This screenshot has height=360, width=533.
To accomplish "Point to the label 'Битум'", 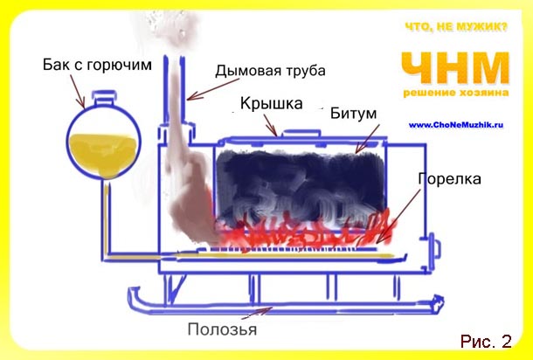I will tap(354, 114).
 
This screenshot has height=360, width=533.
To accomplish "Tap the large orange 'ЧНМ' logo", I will tap(455, 67).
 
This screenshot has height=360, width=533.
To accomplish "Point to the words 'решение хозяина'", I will tap(455, 92).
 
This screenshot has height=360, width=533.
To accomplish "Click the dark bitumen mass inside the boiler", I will tap(297, 183).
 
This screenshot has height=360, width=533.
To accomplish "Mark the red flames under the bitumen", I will tap(306, 234).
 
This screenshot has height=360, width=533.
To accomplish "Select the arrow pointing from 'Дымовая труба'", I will tap(206, 87).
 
